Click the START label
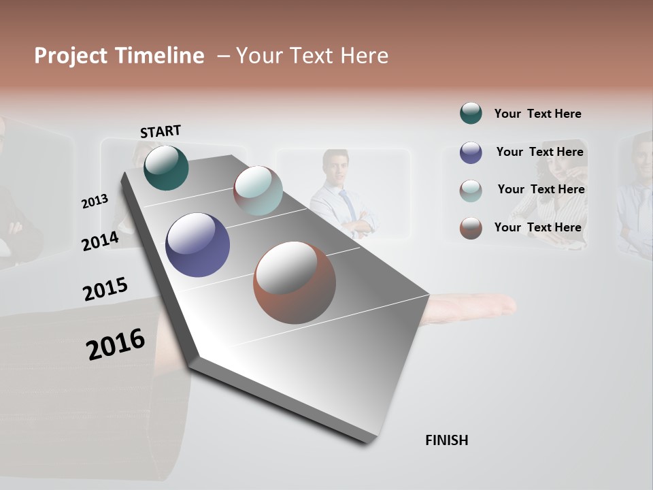161,131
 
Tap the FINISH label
446,440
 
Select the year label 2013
95,201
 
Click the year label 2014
101,241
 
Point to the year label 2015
105,289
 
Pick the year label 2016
116,344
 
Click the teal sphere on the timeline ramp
166,167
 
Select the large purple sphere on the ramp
197,245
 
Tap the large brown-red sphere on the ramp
295,282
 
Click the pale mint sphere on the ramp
258,190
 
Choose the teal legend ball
471,113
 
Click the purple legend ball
471,152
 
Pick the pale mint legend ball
471,191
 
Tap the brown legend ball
471,228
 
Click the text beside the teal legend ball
537,114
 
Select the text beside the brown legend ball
537,227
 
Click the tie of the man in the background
348,204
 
